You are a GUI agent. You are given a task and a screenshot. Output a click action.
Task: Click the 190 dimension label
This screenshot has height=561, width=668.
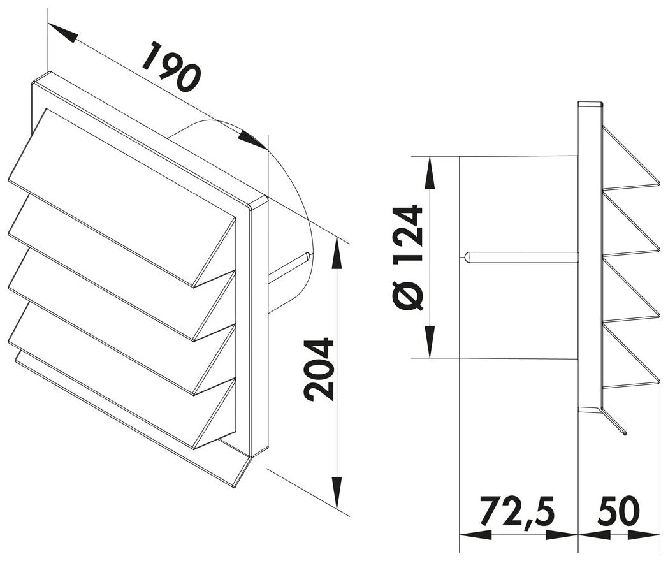(171, 66)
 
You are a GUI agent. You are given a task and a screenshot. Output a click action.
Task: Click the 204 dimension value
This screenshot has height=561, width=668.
(319, 370)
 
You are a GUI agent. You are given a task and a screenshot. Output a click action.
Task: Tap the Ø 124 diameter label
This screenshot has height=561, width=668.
(407, 258)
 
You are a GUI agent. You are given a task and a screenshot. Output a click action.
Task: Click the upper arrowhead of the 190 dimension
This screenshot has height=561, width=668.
(62, 33)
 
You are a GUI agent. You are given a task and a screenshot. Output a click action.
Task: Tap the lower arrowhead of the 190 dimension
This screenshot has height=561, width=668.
(253, 140)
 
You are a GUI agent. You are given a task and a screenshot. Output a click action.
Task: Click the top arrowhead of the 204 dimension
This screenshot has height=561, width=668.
(337, 254)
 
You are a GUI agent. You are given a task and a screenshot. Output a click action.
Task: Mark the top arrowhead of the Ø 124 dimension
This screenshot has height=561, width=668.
(430, 173)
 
